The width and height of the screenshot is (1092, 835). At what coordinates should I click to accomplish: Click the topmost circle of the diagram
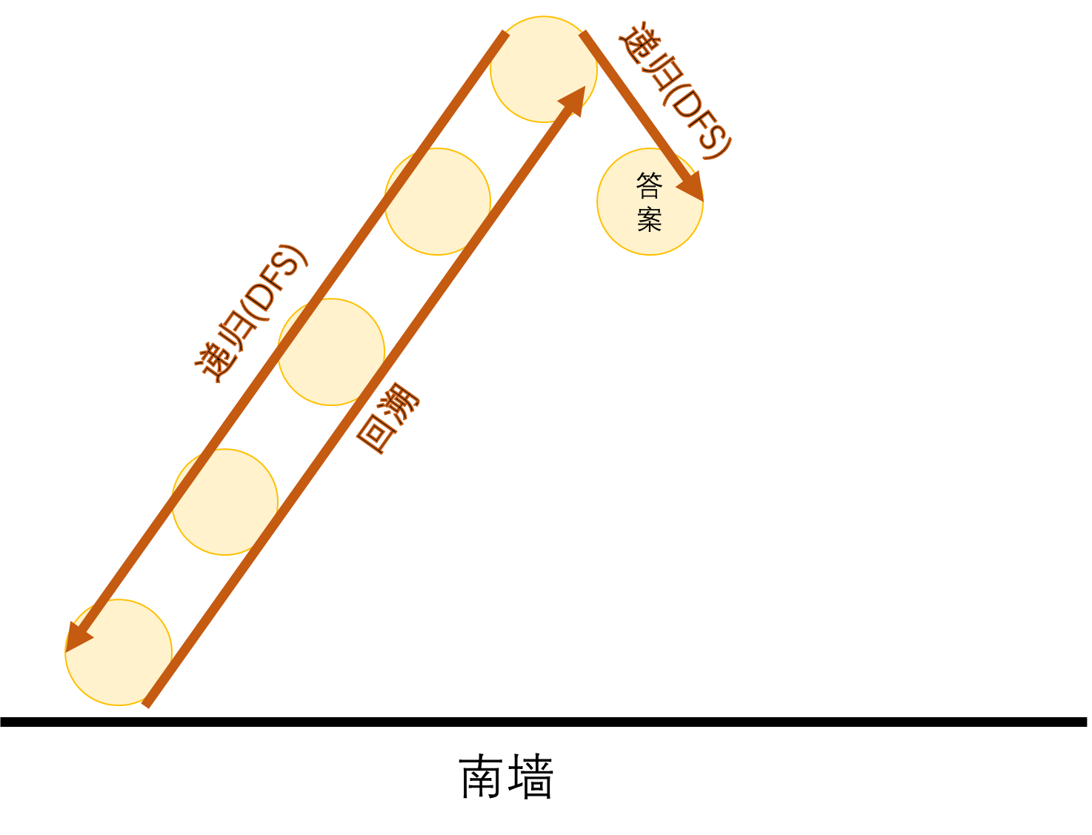click(543, 69)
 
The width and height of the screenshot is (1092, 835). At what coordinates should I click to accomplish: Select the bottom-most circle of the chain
click(119, 652)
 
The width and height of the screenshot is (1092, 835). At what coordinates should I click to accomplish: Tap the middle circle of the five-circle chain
click(331, 352)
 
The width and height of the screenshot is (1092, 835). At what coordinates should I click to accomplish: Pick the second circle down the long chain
click(437, 202)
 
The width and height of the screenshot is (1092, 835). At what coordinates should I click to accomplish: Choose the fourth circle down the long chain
click(224, 502)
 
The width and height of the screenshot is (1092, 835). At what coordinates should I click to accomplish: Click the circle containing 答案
click(650, 202)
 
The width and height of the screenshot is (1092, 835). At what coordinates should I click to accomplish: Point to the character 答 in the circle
click(649, 185)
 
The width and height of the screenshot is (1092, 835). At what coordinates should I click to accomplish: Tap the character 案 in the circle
click(649, 219)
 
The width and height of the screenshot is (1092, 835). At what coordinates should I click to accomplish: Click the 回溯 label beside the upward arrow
click(387, 418)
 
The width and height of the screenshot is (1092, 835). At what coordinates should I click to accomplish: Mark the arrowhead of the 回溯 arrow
click(574, 99)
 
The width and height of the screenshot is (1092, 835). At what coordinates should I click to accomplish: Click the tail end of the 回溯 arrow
click(147, 703)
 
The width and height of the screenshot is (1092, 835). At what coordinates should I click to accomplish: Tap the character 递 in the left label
click(212, 363)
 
